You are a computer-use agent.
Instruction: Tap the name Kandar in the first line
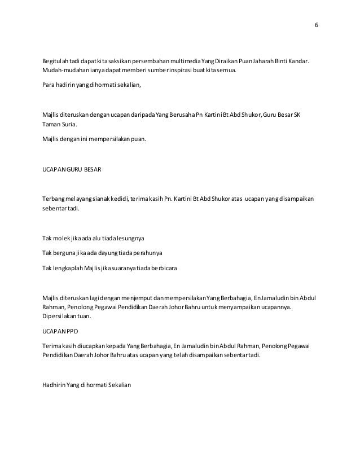tap(300, 60)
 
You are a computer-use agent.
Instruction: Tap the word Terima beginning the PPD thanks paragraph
tap(51, 345)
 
